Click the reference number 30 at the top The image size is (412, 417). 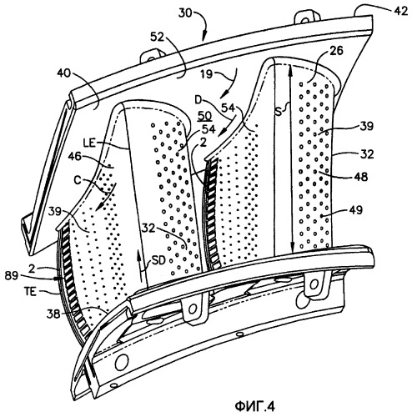[185, 13]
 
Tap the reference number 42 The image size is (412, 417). [400, 11]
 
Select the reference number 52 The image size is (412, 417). [158, 37]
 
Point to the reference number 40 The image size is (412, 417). [64, 73]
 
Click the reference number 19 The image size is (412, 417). [206, 74]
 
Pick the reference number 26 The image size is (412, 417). [336, 51]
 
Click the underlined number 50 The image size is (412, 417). [204, 116]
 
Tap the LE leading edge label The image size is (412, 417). [90, 143]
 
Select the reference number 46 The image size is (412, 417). [74, 156]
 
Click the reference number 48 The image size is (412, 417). [360, 177]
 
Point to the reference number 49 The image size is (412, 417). [355, 210]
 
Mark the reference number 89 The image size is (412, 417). [12, 276]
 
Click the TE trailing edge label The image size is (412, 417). [30, 292]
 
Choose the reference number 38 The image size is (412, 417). [54, 314]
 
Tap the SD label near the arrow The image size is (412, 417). [158, 260]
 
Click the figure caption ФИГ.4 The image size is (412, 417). [255, 407]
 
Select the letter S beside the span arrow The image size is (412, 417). [279, 113]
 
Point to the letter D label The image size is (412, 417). [198, 100]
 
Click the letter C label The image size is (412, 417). [78, 180]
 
